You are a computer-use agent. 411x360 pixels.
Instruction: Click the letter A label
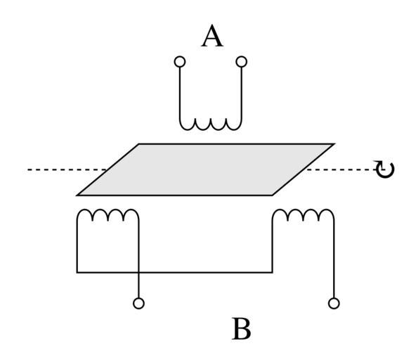[212, 36]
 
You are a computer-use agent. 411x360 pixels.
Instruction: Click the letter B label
[242, 329]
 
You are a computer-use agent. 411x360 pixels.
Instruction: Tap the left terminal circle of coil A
[180, 62]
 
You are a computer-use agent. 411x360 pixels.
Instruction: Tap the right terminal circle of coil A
[242, 62]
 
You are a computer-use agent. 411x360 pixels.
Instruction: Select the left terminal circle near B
[138, 303]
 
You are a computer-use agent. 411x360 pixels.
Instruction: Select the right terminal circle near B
[334, 303]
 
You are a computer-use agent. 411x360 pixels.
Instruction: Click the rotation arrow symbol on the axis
[384, 169]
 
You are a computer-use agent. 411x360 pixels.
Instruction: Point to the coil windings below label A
[211, 124]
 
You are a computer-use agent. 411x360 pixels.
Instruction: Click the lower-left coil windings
[107, 214]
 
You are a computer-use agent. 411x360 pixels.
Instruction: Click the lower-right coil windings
[304, 214]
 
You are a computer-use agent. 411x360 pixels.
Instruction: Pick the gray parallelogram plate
[205, 169]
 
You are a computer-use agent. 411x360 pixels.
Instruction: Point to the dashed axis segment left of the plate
[67, 169]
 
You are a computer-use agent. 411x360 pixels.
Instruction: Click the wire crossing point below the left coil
[138, 272]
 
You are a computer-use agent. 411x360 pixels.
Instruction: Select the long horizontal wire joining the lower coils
[174, 272]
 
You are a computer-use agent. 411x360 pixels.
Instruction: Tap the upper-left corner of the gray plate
[139, 144]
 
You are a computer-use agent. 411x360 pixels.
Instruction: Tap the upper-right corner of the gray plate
[334, 144]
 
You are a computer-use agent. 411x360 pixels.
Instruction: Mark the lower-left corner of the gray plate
[77, 195]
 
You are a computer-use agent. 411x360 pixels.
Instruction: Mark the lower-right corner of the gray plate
[273, 195]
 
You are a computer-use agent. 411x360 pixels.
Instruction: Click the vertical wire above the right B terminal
[334, 259]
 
